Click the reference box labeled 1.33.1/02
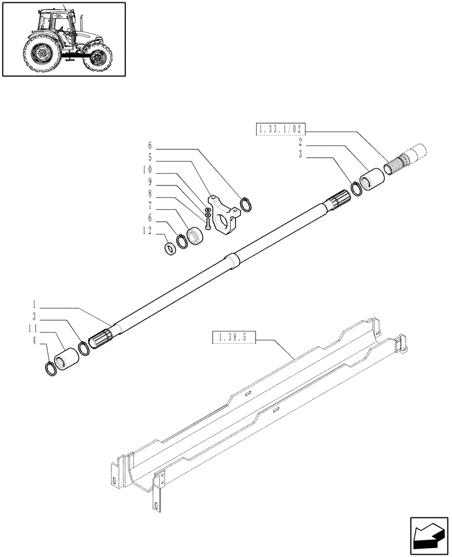(x=281, y=131)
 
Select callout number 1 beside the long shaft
(x=35, y=305)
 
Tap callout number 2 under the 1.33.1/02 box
(x=300, y=141)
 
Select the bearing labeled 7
(x=196, y=236)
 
